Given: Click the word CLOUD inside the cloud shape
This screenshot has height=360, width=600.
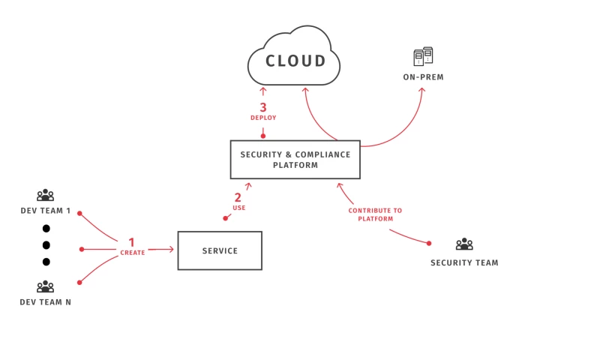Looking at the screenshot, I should (295, 61).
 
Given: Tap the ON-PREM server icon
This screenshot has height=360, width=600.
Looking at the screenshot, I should (423, 56).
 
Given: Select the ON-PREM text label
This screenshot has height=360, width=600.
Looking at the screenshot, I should (423, 77).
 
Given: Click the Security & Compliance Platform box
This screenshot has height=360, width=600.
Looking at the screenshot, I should (295, 160).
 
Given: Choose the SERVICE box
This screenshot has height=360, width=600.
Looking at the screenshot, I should (220, 250).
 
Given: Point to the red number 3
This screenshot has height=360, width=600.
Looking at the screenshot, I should (263, 107).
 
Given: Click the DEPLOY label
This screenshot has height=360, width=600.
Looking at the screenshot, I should (263, 118).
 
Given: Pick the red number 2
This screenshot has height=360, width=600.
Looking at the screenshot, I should (238, 198).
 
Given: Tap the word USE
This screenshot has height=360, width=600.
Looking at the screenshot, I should (238, 208).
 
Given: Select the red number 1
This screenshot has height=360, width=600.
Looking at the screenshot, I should (132, 242).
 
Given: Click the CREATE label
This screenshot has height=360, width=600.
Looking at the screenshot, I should (133, 253).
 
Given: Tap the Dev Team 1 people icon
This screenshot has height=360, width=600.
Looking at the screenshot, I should (46, 195).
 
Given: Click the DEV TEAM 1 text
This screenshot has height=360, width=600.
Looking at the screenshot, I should (46, 211).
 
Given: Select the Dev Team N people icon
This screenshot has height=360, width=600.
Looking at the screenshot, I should (46, 286).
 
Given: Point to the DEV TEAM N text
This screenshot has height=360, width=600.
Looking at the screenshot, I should (46, 302).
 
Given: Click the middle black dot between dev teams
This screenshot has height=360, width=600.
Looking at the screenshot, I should (46, 245).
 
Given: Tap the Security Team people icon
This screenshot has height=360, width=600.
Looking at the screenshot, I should (464, 244).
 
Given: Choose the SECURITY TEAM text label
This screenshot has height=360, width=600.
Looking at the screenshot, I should (464, 262).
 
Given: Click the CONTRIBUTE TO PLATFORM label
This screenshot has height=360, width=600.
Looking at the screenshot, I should (375, 214).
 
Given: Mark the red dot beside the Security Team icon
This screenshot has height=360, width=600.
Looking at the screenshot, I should (429, 243).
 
